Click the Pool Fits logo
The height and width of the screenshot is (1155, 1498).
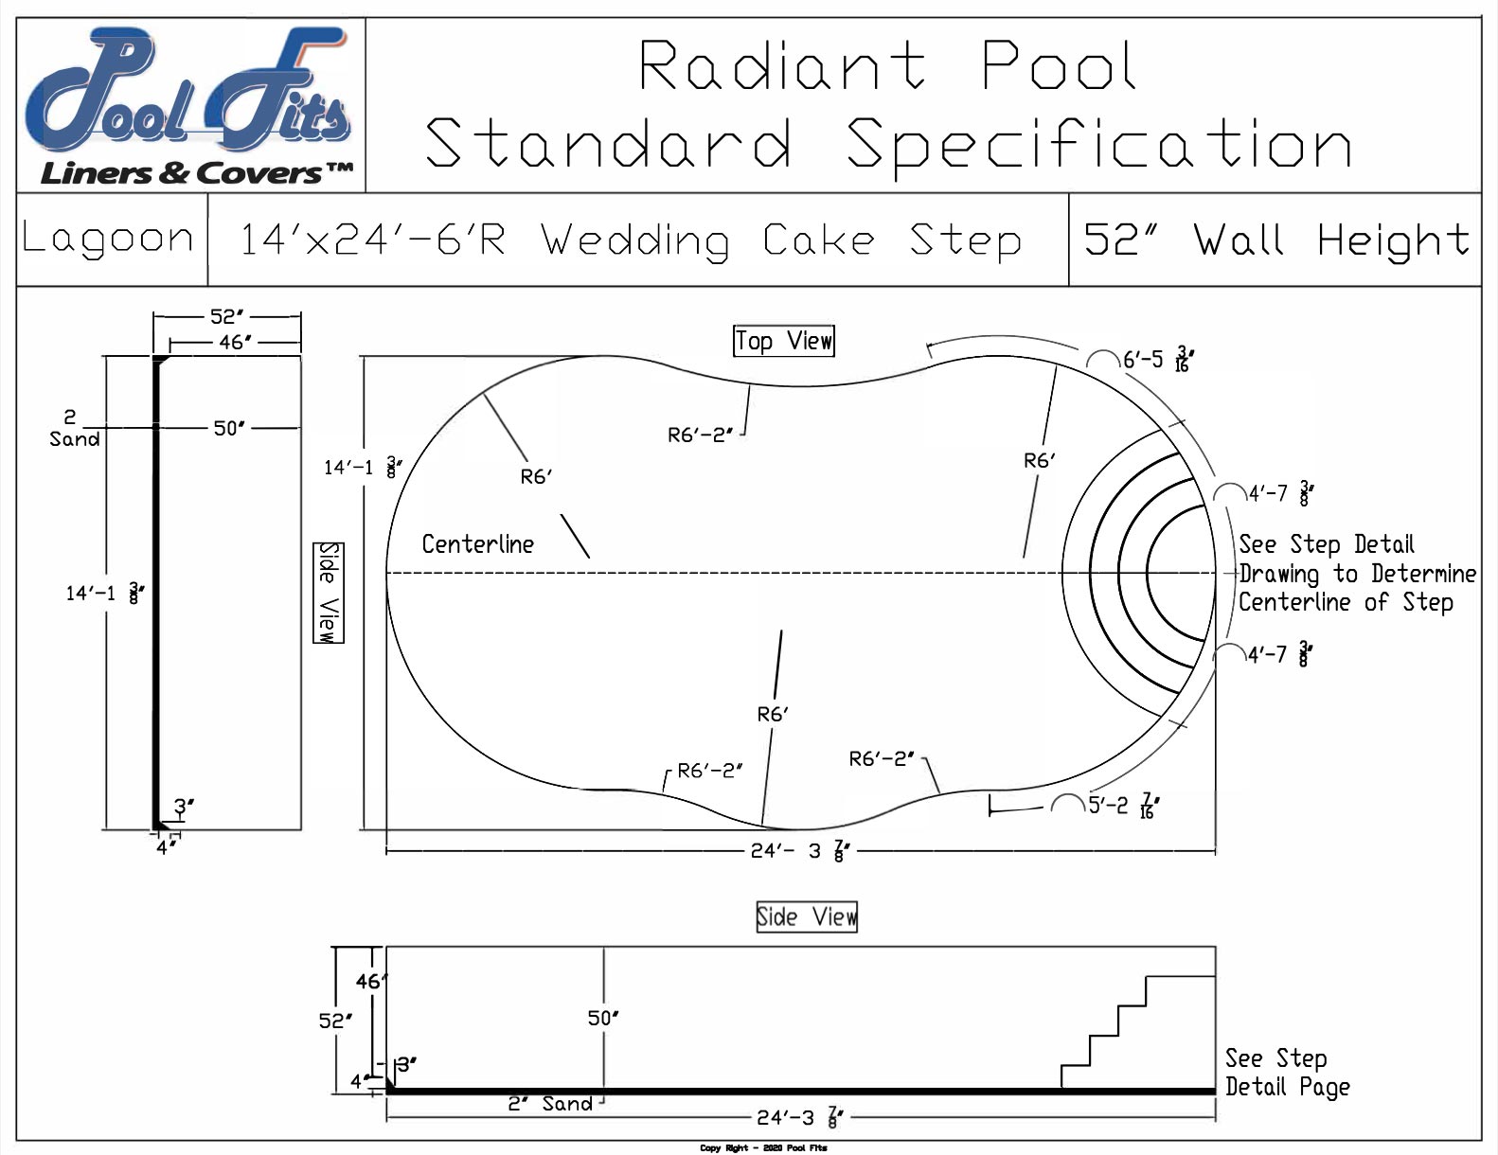pyautogui.click(x=189, y=104)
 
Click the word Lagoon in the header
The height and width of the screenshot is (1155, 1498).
pyautogui.click(x=108, y=239)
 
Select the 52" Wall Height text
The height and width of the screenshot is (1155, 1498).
pyautogui.click(x=1275, y=240)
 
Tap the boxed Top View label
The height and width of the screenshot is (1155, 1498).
pyautogui.click(x=784, y=341)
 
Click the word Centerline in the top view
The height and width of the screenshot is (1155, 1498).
pyautogui.click(x=477, y=544)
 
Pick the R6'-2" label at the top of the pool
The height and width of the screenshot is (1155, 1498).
pyautogui.click(x=700, y=435)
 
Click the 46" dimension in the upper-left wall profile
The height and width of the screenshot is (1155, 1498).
pyautogui.click(x=234, y=343)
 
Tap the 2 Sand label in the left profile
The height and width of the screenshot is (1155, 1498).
pyautogui.click(x=73, y=429)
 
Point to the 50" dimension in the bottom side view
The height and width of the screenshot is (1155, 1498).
pyautogui.click(x=603, y=1019)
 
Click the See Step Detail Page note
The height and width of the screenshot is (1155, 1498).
pyautogui.click(x=1286, y=1073)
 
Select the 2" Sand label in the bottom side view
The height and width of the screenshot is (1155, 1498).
pyautogui.click(x=550, y=1104)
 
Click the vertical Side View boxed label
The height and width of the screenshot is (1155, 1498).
pyautogui.click(x=328, y=593)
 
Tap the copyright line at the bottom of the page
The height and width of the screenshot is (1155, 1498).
pyautogui.click(x=763, y=1148)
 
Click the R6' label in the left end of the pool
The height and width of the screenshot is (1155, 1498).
pyautogui.click(x=536, y=477)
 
